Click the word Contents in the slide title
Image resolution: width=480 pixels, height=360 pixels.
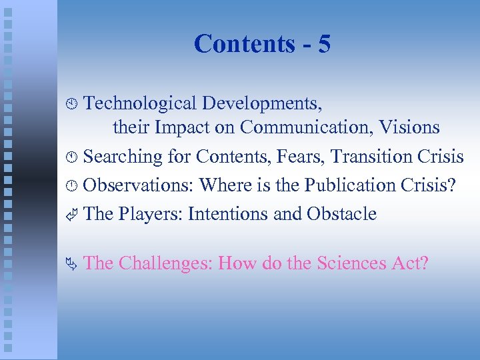point(244,44)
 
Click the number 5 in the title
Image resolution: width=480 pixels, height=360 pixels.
point(324,44)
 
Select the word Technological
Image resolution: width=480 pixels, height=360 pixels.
point(140,104)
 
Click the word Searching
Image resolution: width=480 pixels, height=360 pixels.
point(123,157)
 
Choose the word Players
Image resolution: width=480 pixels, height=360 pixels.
point(151,214)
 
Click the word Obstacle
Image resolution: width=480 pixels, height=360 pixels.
point(341,214)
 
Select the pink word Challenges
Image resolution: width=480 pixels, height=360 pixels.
point(164,263)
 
